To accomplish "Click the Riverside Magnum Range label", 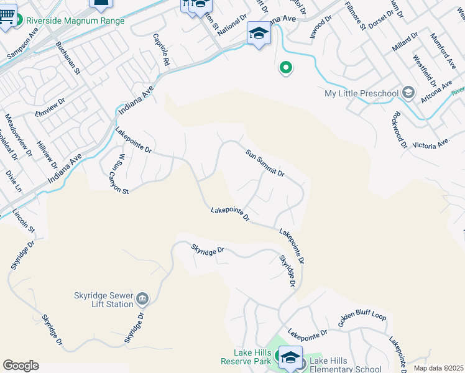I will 75,21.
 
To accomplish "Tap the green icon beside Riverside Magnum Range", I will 18,21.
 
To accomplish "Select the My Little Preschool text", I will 361,93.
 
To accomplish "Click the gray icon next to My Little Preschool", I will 408,93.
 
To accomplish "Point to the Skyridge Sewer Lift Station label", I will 102,300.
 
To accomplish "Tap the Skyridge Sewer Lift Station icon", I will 142,300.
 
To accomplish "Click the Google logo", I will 21,366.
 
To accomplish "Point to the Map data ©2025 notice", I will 438,368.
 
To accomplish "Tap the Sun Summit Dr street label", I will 264,163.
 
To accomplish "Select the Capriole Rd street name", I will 161,50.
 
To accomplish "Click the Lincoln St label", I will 24,222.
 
